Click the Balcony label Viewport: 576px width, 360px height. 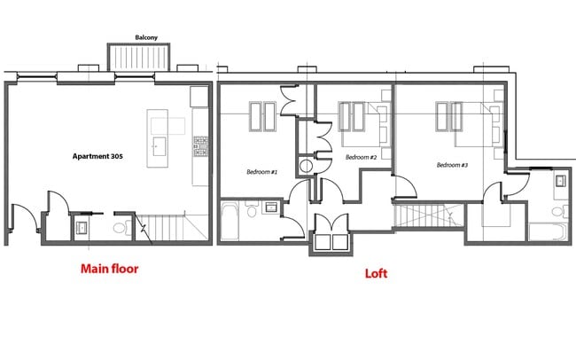click(146, 37)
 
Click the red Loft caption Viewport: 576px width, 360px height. click(377, 273)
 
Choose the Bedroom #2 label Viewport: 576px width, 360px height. click(362, 157)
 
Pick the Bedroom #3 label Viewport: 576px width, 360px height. click(452, 165)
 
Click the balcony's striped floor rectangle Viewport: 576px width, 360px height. click(139, 57)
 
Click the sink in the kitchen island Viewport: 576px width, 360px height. click(160, 146)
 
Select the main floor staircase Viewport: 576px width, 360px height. click(169, 229)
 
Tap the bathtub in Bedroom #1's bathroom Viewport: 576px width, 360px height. click(230, 221)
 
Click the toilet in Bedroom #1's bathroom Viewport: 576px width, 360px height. click(253, 211)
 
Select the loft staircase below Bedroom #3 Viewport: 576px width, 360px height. click(426, 215)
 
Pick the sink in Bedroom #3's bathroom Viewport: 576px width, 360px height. click(561, 183)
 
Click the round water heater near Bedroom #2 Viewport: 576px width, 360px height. click(306, 166)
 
